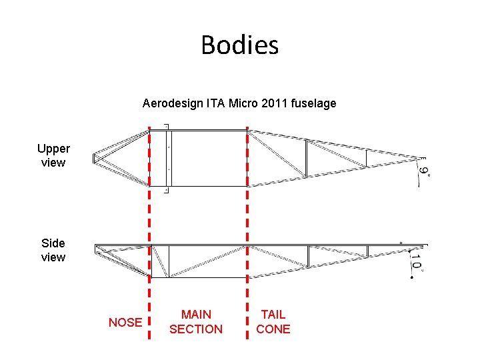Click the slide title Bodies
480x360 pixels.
239,45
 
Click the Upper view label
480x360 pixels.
53,155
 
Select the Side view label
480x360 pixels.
53,250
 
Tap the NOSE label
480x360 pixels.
125,323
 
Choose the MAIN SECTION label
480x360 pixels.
196,321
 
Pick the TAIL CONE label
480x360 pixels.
273,321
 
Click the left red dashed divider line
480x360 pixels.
149,220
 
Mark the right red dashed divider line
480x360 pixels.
247,220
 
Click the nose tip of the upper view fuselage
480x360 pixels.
94,158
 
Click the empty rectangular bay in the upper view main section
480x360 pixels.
209,158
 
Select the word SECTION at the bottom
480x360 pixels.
196,329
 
